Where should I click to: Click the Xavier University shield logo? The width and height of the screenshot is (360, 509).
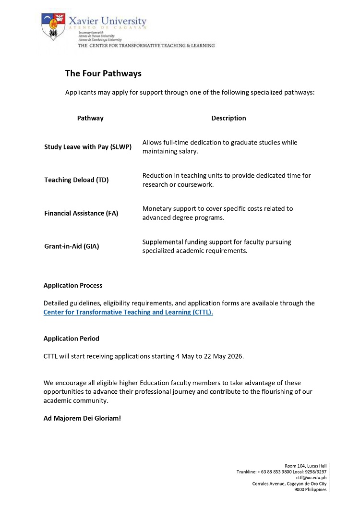pos(53,26)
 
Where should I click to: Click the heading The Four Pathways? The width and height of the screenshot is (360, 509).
pos(103,73)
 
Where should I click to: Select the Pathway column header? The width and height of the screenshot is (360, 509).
pos(90,118)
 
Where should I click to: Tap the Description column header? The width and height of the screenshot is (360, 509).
pos(228,118)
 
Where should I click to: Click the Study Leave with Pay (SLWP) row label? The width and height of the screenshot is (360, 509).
pos(88,147)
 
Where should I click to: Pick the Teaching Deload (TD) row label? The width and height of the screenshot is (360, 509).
pos(76,180)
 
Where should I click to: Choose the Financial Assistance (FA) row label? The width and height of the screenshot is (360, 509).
pos(81,213)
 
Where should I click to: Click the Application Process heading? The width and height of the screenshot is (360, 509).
pos(73,285)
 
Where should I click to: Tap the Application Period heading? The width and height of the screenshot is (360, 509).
pos(72,339)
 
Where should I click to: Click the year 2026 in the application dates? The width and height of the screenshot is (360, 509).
pos(236,356)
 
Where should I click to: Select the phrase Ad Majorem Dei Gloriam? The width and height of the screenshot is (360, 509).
pos(82,418)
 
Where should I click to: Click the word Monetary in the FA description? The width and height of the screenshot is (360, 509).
pos(156,209)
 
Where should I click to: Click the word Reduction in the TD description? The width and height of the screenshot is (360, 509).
pos(157,176)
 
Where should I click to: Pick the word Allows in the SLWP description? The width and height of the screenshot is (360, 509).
pos(152,143)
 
